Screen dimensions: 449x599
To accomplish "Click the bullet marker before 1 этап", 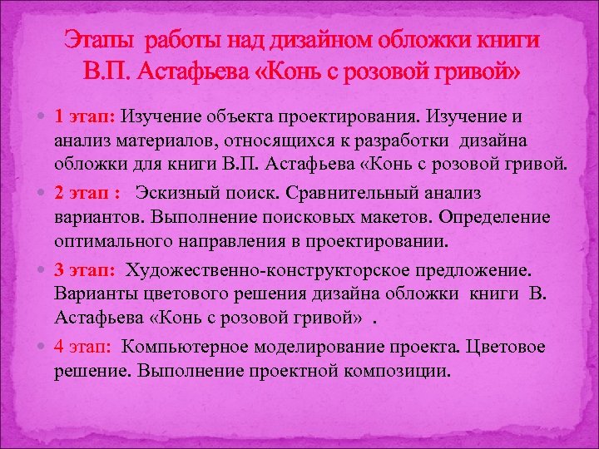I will pyautogui.click(x=43, y=117).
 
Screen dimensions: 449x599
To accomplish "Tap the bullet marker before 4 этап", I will pyautogui.click(x=43, y=345).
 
